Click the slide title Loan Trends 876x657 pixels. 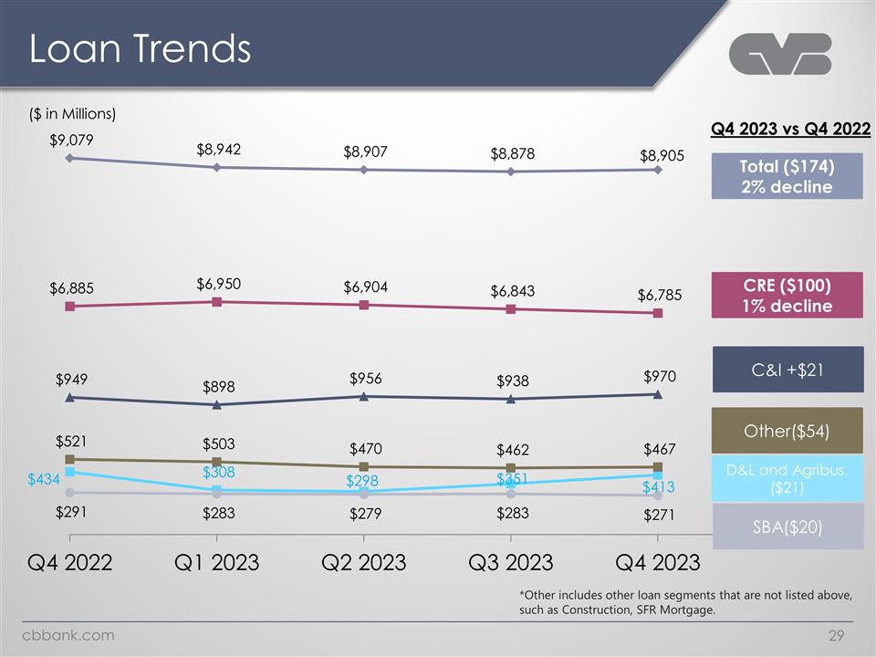point(140,49)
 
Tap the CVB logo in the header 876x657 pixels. point(780,54)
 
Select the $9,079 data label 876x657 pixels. point(72,140)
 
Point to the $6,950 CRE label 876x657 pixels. point(218,284)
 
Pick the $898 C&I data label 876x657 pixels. point(218,387)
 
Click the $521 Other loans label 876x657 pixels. point(71,442)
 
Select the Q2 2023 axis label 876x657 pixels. point(363,561)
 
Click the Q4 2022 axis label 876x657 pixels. point(69,561)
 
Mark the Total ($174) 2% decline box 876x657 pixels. point(787,175)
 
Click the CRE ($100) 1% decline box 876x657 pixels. point(787,294)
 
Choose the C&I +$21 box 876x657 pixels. point(787,369)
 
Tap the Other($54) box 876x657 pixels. point(787,430)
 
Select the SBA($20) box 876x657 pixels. point(787,527)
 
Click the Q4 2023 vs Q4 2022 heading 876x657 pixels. point(790,129)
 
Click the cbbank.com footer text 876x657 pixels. point(68,635)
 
